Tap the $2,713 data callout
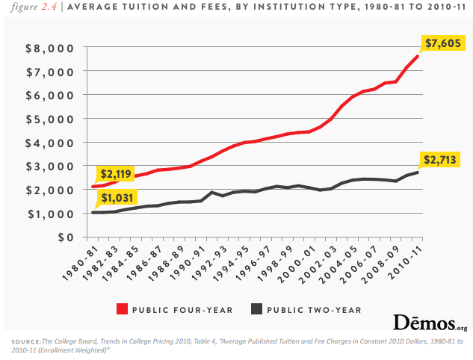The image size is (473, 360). click(x=441, y=159)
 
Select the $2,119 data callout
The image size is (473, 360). click(x=114, y=174)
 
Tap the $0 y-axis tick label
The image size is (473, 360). click(x=66, y=238)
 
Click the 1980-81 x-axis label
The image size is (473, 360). click(x=79, y=264)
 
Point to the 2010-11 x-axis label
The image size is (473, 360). click(x=406, y=264)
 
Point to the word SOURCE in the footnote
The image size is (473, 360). click(x=25, y=341)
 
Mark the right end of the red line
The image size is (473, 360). click(x=418, y=56)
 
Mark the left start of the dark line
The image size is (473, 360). click(x=93, y=213)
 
